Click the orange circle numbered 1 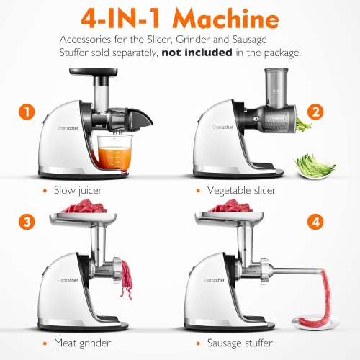tap(27, 112)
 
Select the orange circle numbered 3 tap(27, 222)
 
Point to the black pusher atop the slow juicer tap(92, 73)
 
